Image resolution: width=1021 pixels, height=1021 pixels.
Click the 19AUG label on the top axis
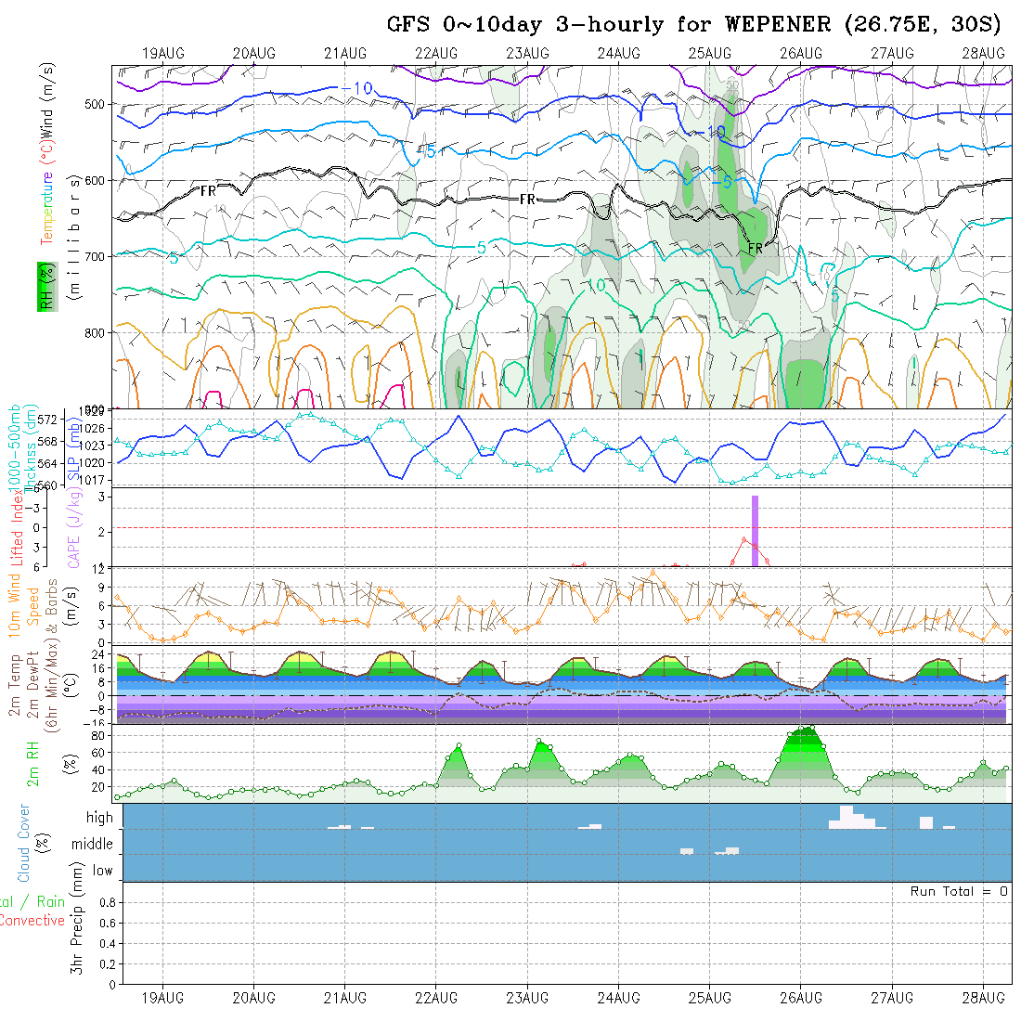(x=163, y=53)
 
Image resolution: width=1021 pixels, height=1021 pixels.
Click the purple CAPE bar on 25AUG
(x=755, y=531)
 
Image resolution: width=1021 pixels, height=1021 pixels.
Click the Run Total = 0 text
(x=959, y=891)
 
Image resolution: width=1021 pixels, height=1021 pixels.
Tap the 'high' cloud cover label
(x=99, y=818)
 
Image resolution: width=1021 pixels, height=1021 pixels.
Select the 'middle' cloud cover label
(x=93, y=844)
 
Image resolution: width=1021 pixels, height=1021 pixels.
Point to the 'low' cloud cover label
(x=102, y=871)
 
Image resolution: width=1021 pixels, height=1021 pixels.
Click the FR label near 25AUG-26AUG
(x=755, y=249)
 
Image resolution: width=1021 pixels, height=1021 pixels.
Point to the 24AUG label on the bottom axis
(x=619, y=998)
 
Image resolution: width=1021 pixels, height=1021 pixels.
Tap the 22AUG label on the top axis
(x=436, y=53)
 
